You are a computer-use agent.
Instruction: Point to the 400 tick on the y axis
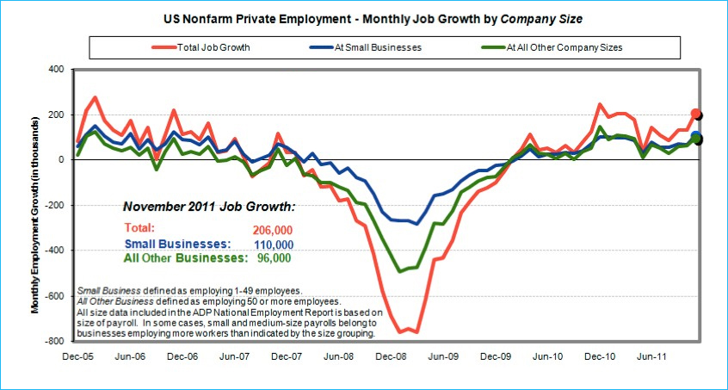tap(57, 69)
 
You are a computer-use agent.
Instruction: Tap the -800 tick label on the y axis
tap(55, 342)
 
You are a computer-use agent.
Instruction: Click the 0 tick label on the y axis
tap(62, 160)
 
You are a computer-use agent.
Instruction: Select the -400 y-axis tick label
tap(55, 251)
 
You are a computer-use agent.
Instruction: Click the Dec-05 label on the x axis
tap(77, 354)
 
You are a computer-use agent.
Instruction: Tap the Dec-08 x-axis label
tap(391, 354)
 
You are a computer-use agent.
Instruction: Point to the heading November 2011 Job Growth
tap(209, 207)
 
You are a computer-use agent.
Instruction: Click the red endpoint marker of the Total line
tap(695, 114)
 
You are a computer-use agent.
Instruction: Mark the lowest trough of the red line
tap(401, 332)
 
